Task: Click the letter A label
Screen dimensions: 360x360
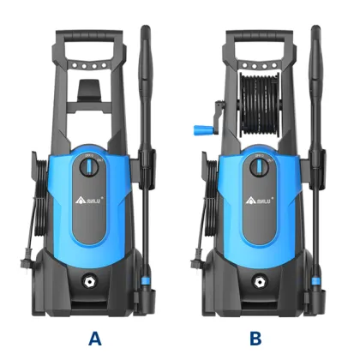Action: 94,337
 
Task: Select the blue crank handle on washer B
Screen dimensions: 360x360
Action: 200,129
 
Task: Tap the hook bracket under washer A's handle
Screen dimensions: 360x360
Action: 90,88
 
